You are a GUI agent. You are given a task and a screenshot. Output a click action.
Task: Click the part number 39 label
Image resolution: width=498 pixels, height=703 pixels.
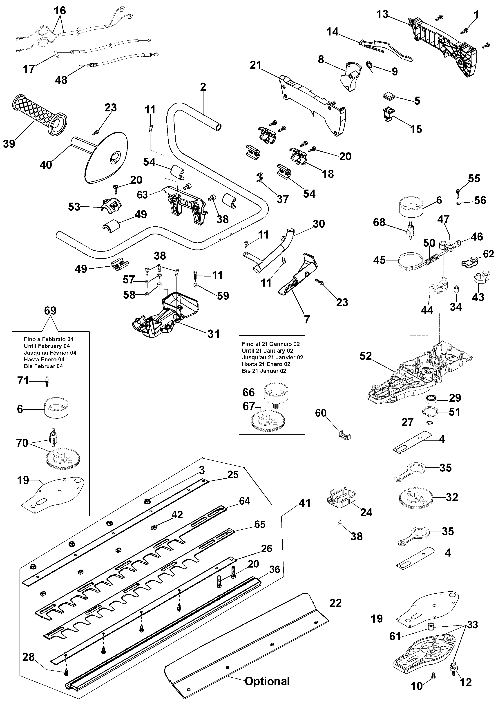click(9, 143)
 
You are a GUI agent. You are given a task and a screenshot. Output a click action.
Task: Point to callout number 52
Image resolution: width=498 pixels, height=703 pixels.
click(366, 356)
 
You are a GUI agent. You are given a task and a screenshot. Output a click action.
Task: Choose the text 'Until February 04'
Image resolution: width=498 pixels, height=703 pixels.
click(47, 346)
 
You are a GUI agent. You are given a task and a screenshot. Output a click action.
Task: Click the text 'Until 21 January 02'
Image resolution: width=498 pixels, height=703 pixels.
click(267, 351)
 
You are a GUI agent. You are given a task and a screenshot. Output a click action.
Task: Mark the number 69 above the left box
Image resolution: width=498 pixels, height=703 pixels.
click(50, 311)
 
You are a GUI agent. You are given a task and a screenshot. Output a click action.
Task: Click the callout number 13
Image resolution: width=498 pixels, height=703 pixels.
click(382, 14)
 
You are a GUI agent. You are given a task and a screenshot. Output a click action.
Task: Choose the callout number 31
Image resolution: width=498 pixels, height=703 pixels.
click(214, 334)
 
